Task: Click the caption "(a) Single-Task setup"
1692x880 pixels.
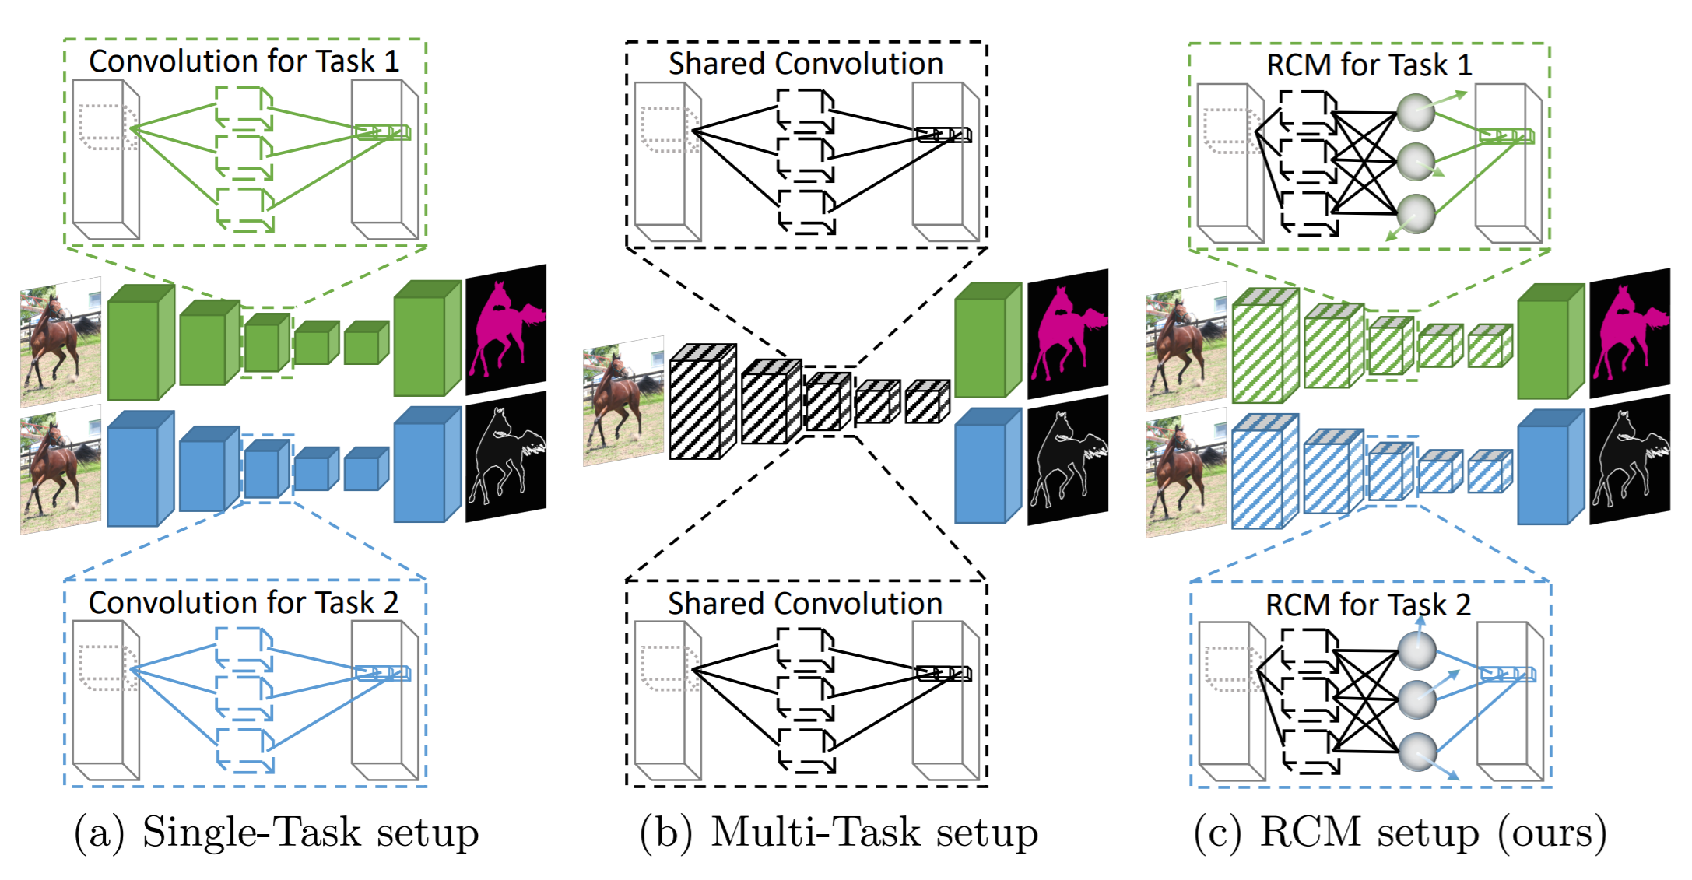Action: click(x=276, y=833)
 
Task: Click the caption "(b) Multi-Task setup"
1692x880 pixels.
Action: click(x=838, y=833)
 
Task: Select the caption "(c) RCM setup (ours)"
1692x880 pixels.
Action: click(x=1400, y=833)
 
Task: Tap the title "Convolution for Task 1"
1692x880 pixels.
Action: click(x=244, y=61)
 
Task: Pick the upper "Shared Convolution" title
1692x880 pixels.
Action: click(x=806, y=64)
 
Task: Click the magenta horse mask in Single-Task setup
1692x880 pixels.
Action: click(x=506, y=329)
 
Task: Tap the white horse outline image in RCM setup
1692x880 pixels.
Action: click(x=1630, y=460)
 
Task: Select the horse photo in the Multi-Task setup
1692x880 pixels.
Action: click(x=623, y=401)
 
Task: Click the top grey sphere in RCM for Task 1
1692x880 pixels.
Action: click(x=1415, y=113)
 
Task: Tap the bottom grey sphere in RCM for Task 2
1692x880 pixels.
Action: click(x=1416, y=752)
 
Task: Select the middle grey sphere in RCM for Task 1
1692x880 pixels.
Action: click(x=1415, y=163)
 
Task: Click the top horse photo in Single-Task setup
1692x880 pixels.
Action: click(x=61, y=342)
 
